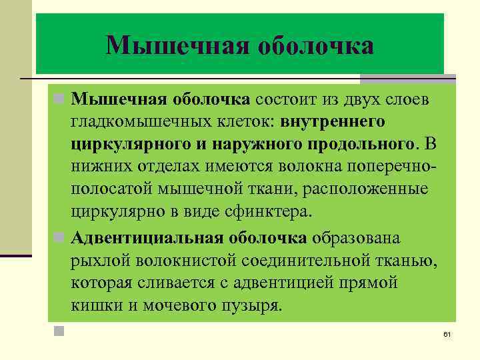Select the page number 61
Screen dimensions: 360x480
(x=447, y=333)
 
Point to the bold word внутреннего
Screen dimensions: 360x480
(x=333, y=123)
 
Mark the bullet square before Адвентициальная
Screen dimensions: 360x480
(x=59, y=238)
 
